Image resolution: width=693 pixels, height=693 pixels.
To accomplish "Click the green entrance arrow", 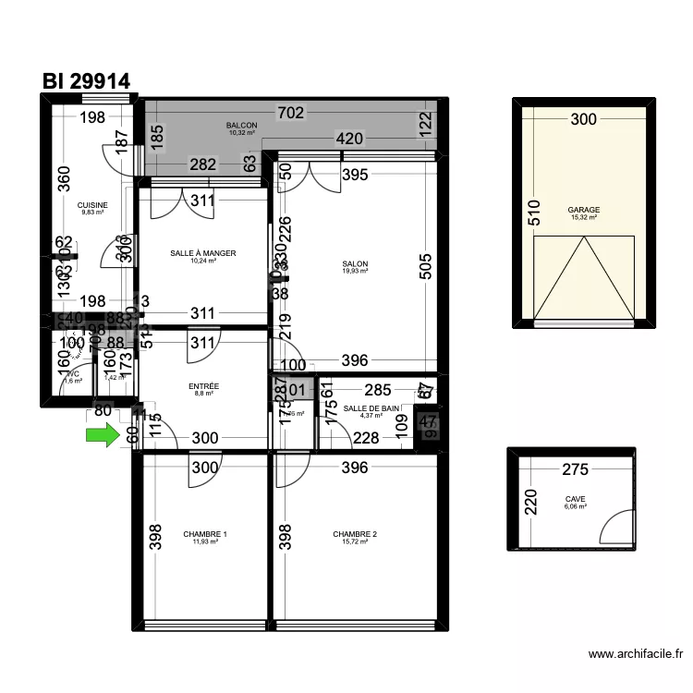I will click(103, 435).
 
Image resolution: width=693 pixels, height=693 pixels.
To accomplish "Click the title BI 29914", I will click(86, 81).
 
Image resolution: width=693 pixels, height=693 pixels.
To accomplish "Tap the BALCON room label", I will click(241, 126).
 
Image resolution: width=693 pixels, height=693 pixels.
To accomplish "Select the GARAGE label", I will click(584, 210).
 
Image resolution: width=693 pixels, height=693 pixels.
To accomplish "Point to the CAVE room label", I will click(576, 499).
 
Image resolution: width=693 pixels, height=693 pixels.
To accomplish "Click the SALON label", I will click(355, 264).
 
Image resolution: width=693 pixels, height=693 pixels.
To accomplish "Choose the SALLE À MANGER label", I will click(203, 253).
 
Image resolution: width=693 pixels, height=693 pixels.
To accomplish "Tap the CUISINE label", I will click(92, 205).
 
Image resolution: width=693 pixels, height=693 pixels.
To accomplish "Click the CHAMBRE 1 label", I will click(204, 534).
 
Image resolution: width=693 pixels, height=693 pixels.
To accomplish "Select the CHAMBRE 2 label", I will click(355, 534).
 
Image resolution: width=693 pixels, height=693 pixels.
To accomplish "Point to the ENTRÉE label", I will click(203, 386).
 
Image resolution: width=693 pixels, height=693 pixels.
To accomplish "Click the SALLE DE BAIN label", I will click(371, 408).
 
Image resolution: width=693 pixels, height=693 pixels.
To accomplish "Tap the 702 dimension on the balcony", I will click(291, 114).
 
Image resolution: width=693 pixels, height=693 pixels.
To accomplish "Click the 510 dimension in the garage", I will click(533, 214).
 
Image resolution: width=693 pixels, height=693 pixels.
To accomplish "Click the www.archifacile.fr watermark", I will click(636, 654).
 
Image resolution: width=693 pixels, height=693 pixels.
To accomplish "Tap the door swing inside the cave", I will click(614, 528).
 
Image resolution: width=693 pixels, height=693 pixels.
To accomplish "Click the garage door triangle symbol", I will click(584, 277).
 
